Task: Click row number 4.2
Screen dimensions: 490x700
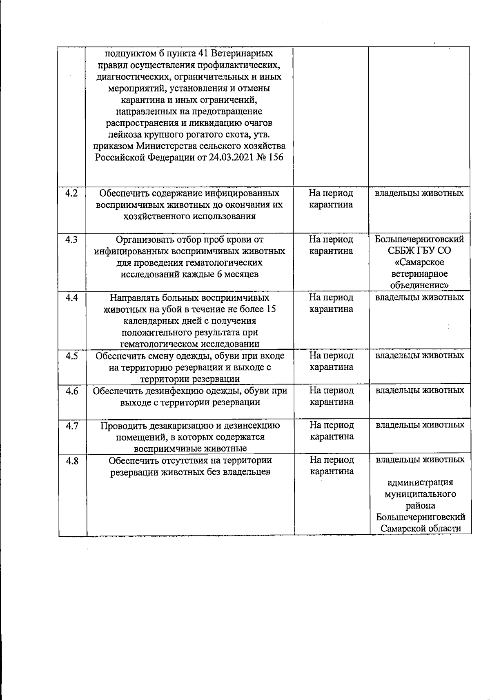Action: click(x=71, y=193)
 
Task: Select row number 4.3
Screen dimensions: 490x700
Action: click(x=71, y=240)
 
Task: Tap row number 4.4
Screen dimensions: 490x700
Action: click(x=71, y=298)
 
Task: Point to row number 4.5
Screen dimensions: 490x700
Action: click(x=71, y=356)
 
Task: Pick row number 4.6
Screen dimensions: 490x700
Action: click(x=72, y=391)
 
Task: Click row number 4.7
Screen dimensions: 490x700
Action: click(x=72, y=426)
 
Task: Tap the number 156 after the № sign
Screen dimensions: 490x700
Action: click(x=275, y=158)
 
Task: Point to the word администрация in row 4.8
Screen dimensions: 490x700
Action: click(x=420, y=483)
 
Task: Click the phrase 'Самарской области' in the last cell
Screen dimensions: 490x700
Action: click(x=421, y=529)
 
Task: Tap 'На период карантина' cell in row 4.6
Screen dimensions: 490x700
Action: click(x=332, y=396)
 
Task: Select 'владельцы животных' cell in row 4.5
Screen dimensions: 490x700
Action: click(x=420, y=355)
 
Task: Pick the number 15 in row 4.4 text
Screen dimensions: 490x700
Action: click(x=270, y=309)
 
